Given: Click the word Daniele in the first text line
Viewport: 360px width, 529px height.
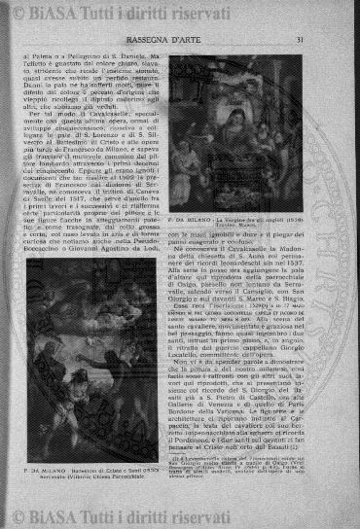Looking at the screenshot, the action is tap(137, 57).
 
